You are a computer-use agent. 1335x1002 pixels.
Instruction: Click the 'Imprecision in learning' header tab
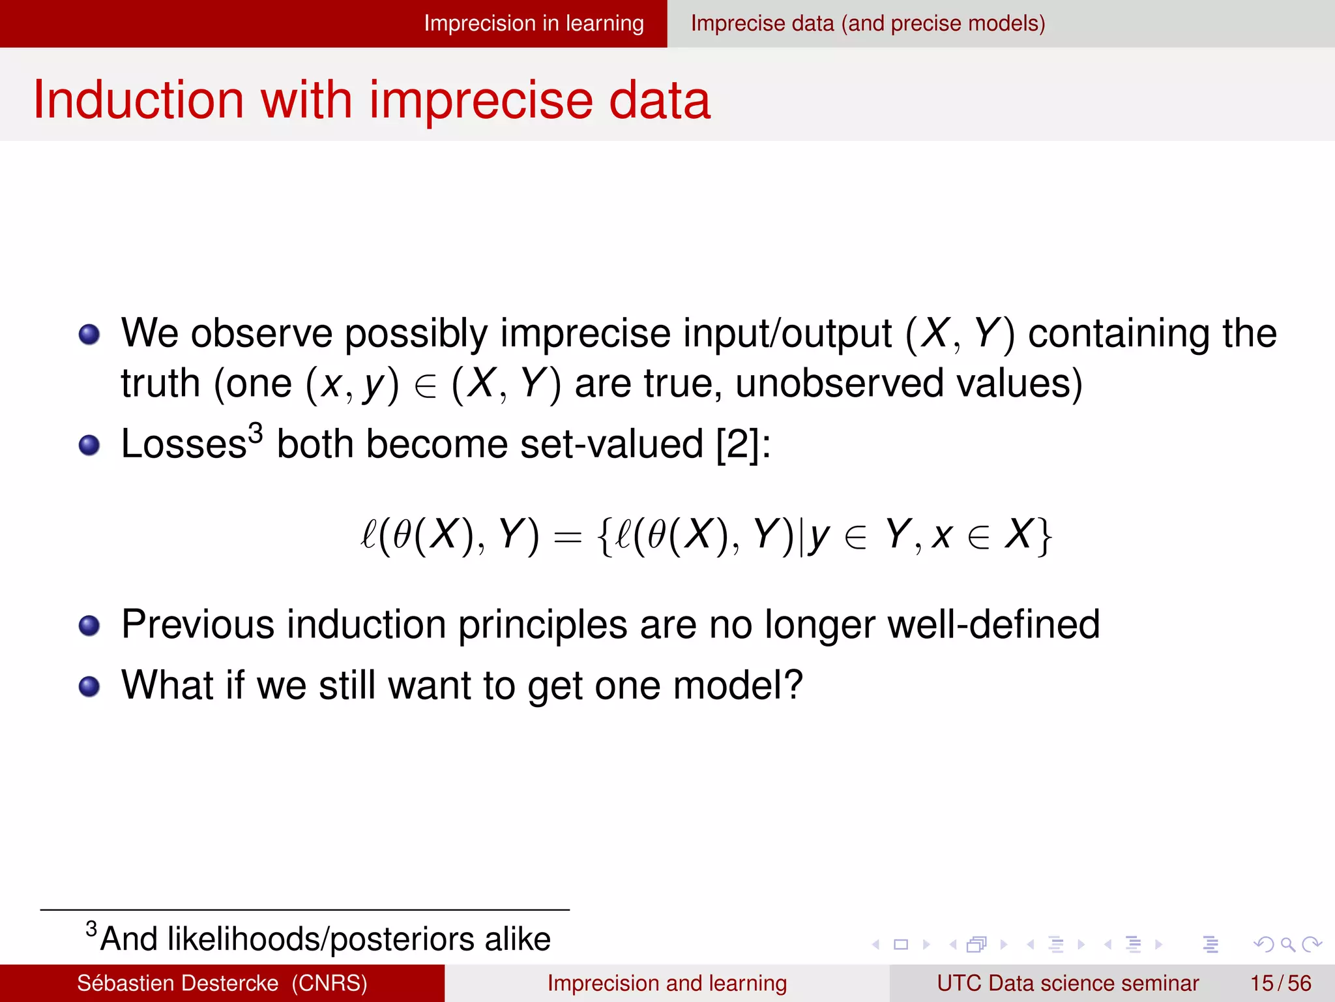[x=533, y=23]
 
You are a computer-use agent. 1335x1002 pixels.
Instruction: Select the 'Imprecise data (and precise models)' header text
[x=868, y=23]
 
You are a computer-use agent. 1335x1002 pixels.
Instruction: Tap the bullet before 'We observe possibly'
[x=89, y=335]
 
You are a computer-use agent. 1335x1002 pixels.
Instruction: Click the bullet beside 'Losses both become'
[x=89, y=446]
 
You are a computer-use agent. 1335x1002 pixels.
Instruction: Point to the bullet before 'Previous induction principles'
[x=89, y=626]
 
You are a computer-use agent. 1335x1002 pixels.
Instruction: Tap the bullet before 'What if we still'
[x=89, y=686]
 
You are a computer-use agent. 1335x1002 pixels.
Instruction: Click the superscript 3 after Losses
[x=256, y=433]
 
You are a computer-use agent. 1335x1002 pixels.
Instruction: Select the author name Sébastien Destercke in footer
[x=177, y=983]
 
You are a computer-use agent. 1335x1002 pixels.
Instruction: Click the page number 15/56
[x=1280, y=983]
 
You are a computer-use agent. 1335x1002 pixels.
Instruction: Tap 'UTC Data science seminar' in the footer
[x=1067, y=983]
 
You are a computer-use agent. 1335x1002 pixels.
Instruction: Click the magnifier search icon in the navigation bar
[x=1287, y=944]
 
